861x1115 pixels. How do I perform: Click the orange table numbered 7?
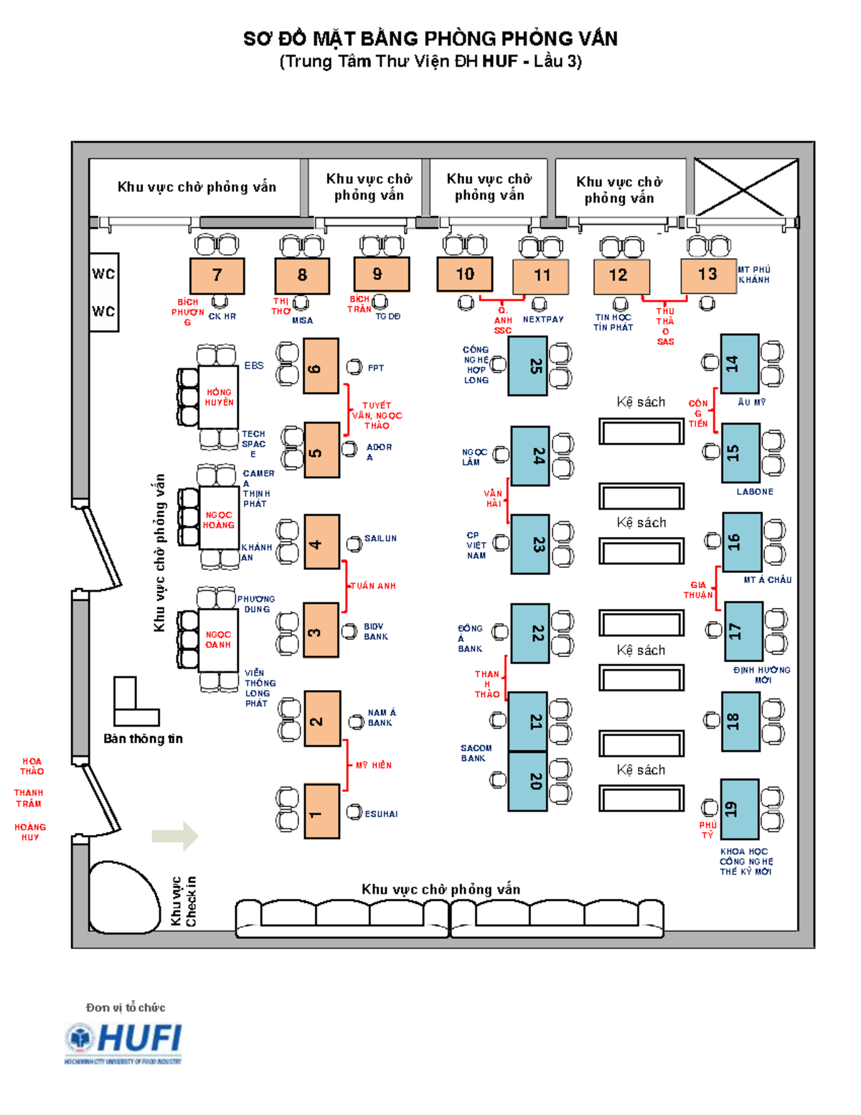click(x=217, y=276)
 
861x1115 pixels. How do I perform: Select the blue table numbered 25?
click(x=527, y=366)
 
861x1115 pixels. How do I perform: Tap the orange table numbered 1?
click(x=321, y=811)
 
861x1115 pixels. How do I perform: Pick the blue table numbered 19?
click(x=740, y=809)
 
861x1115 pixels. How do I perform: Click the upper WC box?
click(x=104, y=274)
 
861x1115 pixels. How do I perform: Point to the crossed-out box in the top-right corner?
click(x=745, y=187)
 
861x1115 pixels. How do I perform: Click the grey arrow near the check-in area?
click(x=175, y=836)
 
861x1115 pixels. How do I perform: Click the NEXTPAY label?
click(x=543, y=319)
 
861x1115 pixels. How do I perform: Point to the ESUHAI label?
click(x=381, y=814)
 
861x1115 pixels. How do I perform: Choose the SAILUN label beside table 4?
click(x=380, y=538)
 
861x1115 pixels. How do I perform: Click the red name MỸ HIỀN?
click(x=374, y=765)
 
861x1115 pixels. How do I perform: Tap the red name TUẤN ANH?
click(x=373, y=586)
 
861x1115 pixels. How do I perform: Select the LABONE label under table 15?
click(x=755, y=492)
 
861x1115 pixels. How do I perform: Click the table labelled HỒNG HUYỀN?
click(x=219, y=397)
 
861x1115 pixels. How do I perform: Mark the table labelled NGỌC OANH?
click(x=218, y=639)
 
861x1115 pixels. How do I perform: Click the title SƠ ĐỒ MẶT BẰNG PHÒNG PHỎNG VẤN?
click(x=430, y=39)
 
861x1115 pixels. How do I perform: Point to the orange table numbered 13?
click(x=707, y=275)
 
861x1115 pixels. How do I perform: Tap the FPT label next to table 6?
click(x=376, y=368)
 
